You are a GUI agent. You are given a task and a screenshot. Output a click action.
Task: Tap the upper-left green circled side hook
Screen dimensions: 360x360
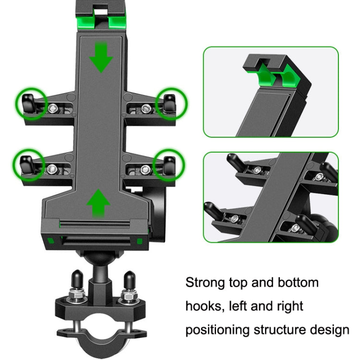pyautogui.click(x=30, y=102)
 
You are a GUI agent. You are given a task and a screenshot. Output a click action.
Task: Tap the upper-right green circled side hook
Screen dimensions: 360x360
pyautogui.click(x=170, y=102)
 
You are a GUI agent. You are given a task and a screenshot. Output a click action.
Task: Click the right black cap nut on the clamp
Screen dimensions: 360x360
pyautogui.click(x=129, y=280)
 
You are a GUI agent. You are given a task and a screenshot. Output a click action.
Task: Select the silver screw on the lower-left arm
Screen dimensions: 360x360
pyautogui.click(x=51, y=168)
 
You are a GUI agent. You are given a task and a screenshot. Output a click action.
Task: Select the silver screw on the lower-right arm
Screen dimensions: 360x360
pyautogui.click(x=145, y=168)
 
